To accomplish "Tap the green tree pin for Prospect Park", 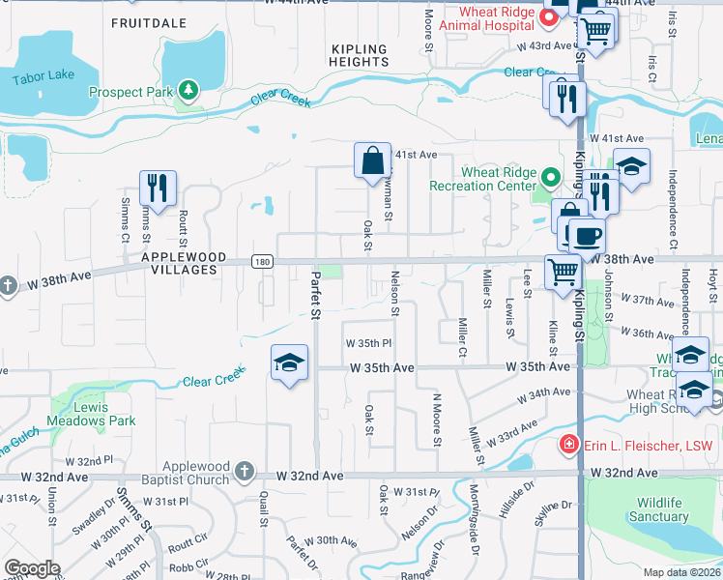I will pos(188,92).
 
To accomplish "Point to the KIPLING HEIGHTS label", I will pos(359,55).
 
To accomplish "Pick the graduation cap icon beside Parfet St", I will pos(289,363).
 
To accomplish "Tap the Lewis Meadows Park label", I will pos(91,413).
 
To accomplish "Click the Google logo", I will pos(32,568).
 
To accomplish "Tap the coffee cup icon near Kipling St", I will pos(585,235).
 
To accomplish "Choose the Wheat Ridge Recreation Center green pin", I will pos(550,178).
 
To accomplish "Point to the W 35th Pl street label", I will pos(368,343).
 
